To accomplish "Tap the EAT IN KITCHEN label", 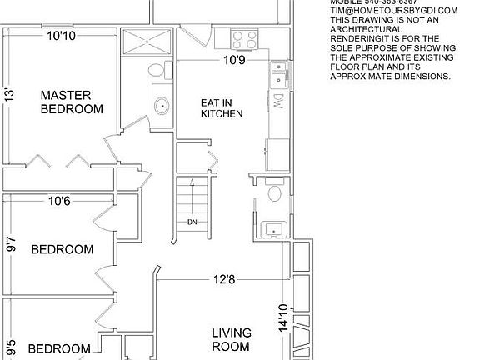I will (x=222, y=108).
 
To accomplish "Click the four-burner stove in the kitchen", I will (x=243, y=38).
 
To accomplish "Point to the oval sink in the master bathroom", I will (x=160, y=105).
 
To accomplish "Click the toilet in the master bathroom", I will (x=156, y=72).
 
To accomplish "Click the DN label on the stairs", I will (x=192, y=222).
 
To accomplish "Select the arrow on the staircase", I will (x=192, y=196).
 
